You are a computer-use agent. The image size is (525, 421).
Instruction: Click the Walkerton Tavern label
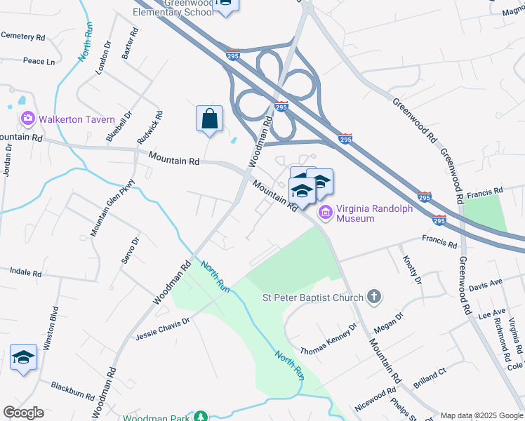point(77,119)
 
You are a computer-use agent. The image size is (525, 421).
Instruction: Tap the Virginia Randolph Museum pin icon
point(326,213)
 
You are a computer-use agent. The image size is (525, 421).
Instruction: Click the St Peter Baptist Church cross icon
point(374,297)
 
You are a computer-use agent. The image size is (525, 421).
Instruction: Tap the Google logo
point(23,413)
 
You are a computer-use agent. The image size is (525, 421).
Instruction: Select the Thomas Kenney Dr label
point(329,339)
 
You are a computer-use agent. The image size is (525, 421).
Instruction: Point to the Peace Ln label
point(39,62)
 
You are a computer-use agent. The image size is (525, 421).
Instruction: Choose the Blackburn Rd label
point(72,390)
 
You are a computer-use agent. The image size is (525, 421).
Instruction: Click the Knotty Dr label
point(411,270)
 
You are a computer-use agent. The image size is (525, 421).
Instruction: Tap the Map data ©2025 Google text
point(482,415)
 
